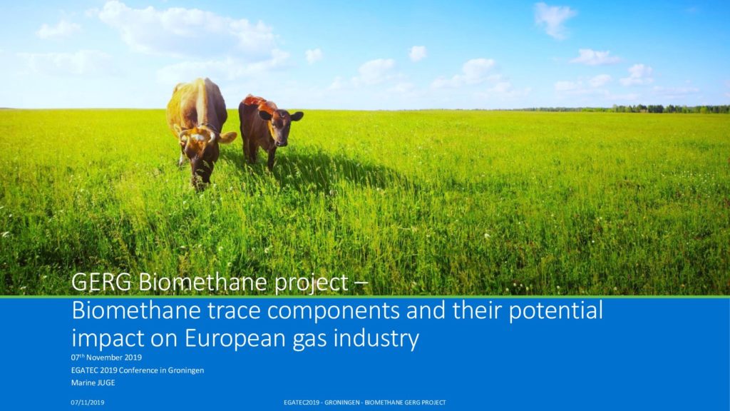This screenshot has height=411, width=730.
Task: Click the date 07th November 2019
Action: (x=106, y=357)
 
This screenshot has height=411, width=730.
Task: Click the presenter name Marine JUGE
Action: (x=93, y=382)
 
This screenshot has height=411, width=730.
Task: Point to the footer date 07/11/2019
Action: (x=88, y=402)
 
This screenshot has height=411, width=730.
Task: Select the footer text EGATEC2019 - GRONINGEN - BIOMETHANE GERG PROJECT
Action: (x=365, y=402)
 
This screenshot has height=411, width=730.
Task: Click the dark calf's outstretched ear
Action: (x=297, y=116)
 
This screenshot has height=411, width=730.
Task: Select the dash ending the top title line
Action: (x=361, y=283)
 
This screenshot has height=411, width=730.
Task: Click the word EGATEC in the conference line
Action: (x=84, y=370)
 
